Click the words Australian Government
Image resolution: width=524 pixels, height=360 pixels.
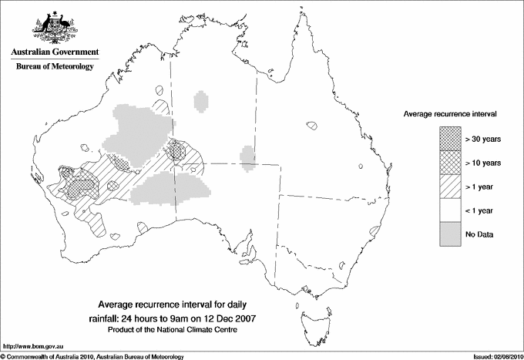pyautogui.click(x=54, y=52)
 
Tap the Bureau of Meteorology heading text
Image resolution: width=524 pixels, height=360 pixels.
pyautogui.click(x=55, y=67)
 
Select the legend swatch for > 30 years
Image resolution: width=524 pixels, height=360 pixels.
pyautogui.click(x=449, y=138)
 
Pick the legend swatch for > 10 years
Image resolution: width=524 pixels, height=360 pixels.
pyautogui.click(x=449, y=162)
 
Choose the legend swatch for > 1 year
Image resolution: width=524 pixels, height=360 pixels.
pyautogui.click(x=449, y=186)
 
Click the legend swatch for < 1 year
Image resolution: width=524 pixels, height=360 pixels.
pyautogui.click(x=449, y=210)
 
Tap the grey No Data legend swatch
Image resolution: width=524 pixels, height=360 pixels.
pyautogui.click(x=449, y=234)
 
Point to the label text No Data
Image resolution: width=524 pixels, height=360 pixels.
pyautogui.click(x=479, y=234)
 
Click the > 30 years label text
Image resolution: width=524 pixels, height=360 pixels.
pyautogui.click(x=483, y=139)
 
